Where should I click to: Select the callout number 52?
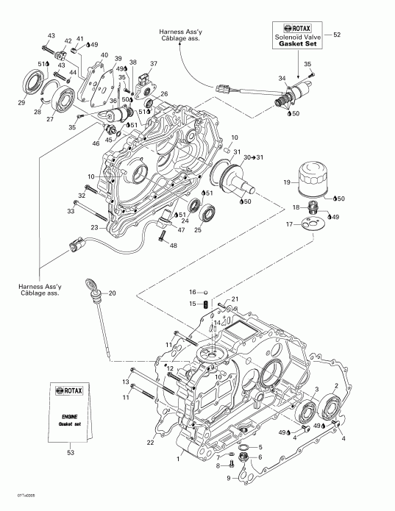click(x=338, y=35)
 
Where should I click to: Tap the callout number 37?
click(x=154, y=64)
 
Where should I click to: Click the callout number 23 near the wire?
click(x=94, y=228)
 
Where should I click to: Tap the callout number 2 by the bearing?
click(x=337, y=386)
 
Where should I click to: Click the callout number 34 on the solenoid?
click(x=281, y=79)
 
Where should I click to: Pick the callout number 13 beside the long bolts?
click(x=125, y=382)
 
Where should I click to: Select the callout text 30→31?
click(x=254, y=157)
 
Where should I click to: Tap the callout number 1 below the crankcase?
click(x=177, y=459)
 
